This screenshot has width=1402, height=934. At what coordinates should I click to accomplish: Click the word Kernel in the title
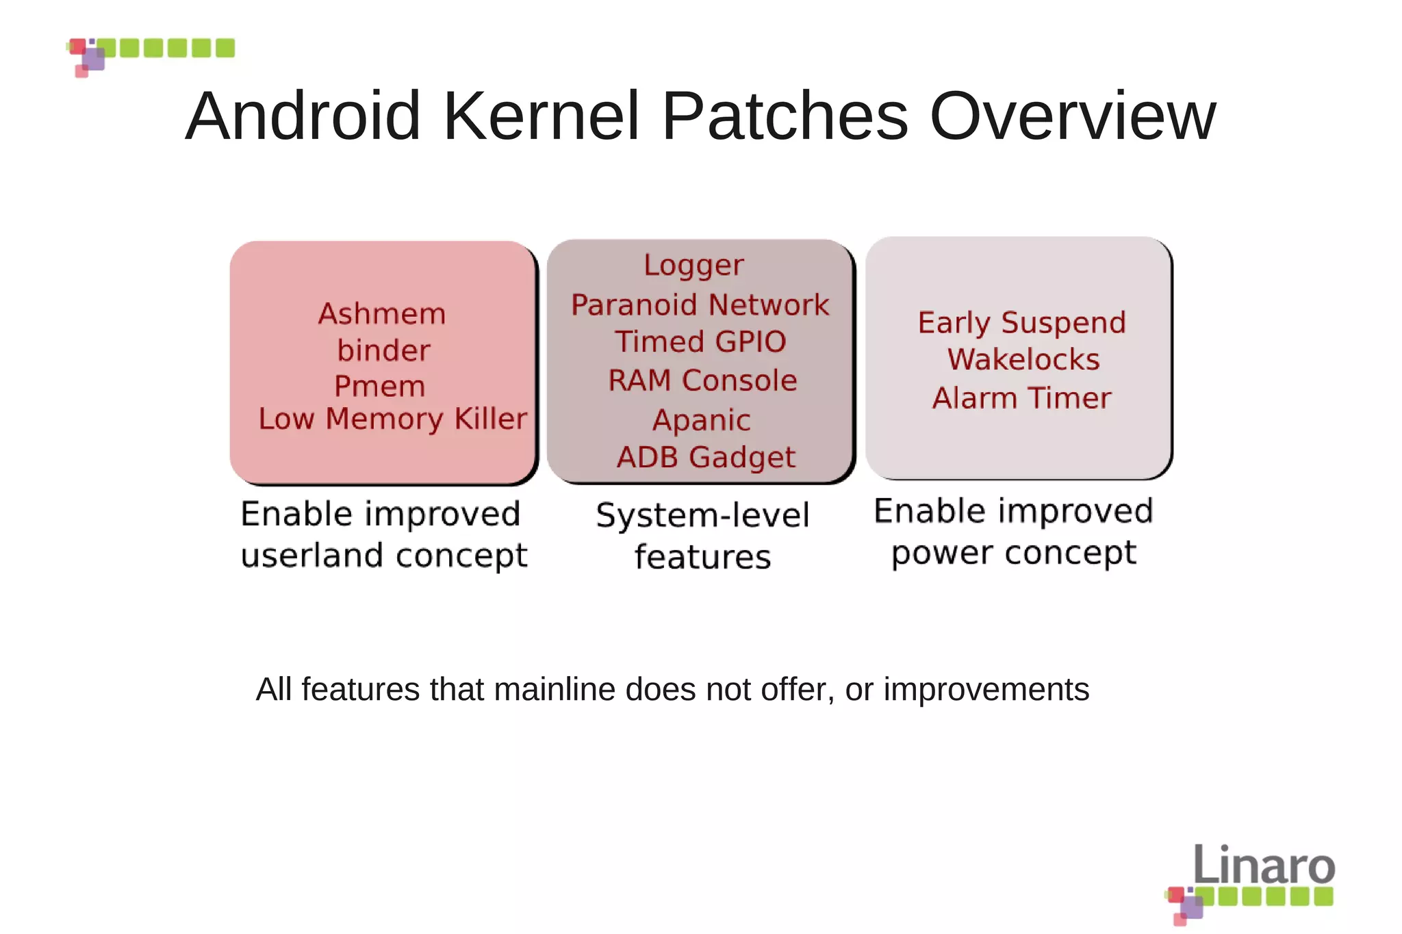(541, 116)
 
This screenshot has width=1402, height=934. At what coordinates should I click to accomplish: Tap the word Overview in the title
(1072, 116)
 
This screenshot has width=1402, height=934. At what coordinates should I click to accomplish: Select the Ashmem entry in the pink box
(382, 314)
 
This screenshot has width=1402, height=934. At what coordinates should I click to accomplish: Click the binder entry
(383, 350)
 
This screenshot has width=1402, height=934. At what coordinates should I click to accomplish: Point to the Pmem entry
(379, 387)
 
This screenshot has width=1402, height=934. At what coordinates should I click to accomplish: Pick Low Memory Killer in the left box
(392, 419)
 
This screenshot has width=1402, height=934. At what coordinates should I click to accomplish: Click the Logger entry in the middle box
(693, 265)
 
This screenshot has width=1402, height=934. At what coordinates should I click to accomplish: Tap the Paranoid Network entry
(700, 305)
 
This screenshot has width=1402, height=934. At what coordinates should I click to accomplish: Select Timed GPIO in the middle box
(700, 341)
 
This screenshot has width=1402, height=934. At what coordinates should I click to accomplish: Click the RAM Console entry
(702, 380)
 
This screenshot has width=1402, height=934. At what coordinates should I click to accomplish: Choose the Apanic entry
(702, 420)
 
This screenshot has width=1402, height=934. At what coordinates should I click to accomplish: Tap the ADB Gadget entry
(706, 457)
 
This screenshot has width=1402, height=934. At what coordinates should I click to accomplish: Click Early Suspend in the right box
(1021, 323)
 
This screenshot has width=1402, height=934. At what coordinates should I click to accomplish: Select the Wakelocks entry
(1023, 360)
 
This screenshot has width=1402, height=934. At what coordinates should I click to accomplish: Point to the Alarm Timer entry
(1021, 398)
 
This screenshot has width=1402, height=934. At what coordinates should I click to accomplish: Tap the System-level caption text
(702, 515)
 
